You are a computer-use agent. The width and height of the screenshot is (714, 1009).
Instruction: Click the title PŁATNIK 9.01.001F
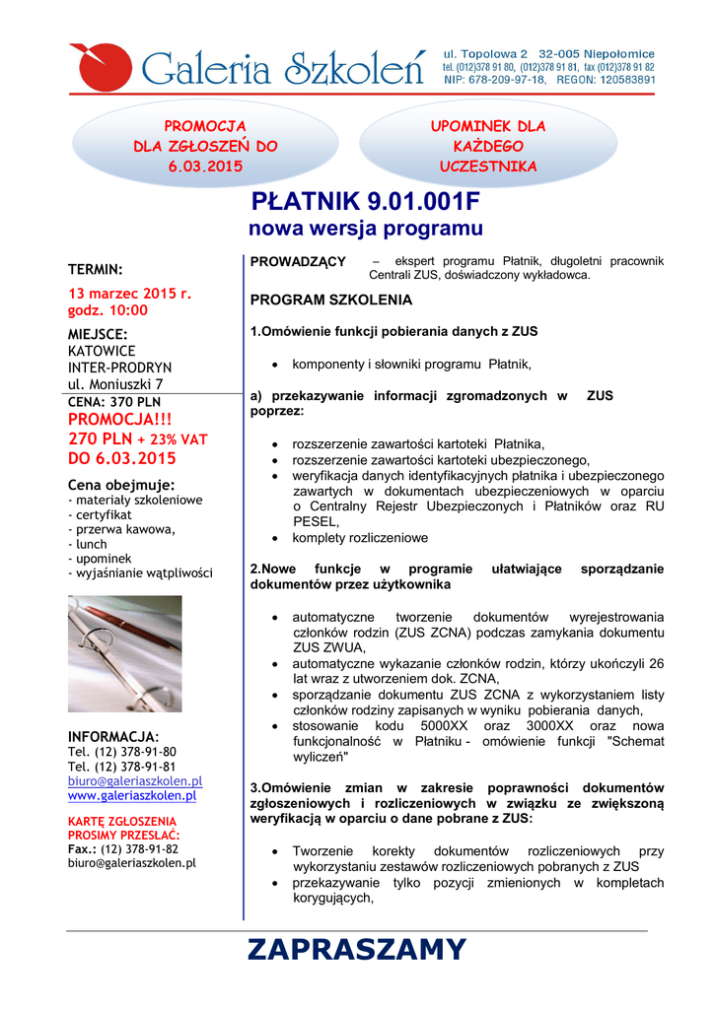366,204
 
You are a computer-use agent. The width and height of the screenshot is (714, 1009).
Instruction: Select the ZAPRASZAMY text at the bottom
356,950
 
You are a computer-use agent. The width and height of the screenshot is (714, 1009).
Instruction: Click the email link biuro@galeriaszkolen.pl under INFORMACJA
134,781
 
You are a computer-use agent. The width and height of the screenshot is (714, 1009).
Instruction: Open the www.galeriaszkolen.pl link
131,796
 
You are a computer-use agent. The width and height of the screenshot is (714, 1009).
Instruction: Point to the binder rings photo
124,654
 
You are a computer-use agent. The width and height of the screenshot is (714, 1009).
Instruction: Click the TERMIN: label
95,269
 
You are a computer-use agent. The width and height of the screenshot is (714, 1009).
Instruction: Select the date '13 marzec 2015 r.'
129,294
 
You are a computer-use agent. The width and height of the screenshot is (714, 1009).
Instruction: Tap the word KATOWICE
102,351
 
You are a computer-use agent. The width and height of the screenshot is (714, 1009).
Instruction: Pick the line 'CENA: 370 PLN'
114,402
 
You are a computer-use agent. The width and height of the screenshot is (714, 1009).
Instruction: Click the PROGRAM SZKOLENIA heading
331,300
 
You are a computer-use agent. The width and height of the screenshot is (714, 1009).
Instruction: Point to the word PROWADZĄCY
298,262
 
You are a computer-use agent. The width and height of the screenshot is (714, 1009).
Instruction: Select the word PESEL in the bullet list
315,522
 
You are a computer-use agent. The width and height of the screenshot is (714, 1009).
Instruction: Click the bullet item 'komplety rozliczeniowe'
360,538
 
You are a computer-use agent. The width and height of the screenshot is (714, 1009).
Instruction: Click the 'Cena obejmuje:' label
121,485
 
